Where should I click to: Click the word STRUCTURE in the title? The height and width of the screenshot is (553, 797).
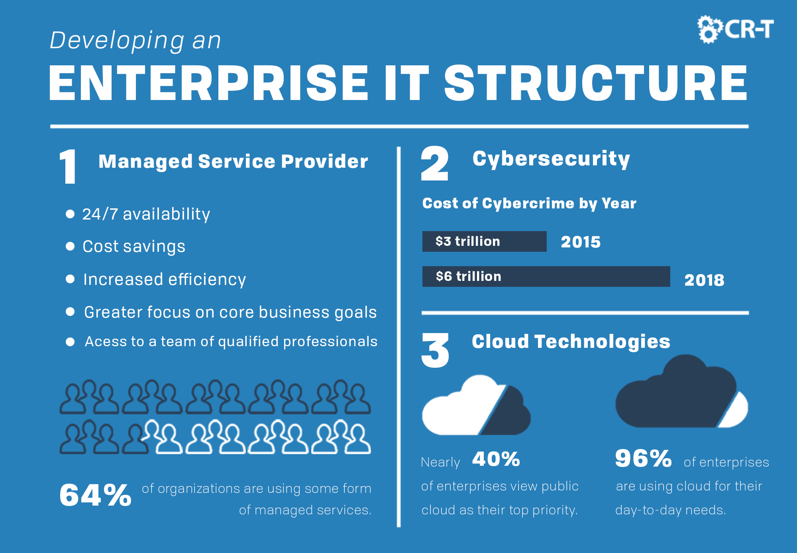[x=595, y=83]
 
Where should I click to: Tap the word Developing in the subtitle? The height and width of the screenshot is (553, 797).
[x=117, y=41]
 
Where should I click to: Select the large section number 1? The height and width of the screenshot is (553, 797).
[x=68, y=167]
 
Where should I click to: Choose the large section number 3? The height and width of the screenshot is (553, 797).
[x=435, y=350]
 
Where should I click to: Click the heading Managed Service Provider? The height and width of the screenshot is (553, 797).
[x=233, y=161]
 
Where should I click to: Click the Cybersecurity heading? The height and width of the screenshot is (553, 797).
[x=551, y=159]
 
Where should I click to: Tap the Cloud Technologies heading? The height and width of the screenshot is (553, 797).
[x=571, y=341]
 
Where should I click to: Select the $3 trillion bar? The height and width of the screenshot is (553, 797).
[x=484, y=241]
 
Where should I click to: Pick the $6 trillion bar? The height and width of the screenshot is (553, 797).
[x=546, y=276]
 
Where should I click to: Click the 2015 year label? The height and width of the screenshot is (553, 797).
[x=581, y=242]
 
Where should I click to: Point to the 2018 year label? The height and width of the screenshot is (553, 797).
[x=704, y=280]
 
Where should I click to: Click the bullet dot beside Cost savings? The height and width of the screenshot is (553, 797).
[x=70, y=246]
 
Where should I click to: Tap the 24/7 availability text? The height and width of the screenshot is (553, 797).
[x=146, y=214]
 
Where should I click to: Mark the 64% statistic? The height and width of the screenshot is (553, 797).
[x=95, y=495]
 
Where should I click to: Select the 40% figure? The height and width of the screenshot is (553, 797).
[x=496, y=459]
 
